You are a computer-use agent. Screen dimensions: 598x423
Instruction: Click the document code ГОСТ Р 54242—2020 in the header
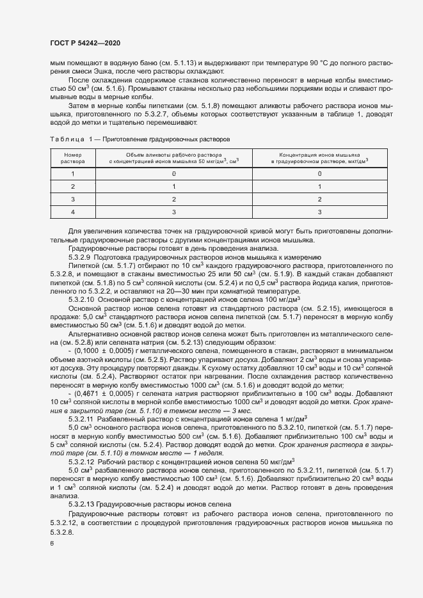pyautogui.click(x=84, y=42)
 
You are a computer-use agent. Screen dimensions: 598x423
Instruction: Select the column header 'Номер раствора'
pyautogui.click(x=72, y=158)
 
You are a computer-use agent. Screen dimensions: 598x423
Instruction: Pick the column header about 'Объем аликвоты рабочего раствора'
pyautogui.click(x=173, y=158)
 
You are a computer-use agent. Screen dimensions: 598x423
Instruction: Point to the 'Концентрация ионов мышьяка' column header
pyautogui.click(x=319, y=158)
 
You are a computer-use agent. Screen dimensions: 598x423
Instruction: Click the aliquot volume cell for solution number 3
pyautogui.click(x=173, y=199)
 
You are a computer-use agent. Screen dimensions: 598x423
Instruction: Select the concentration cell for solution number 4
pyautogui.click(x=319, y=212)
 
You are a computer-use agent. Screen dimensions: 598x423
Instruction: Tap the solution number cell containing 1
pyautogui.click(x=72, y=173)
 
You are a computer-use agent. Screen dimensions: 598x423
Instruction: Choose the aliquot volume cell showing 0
pyautogui.click(x=173, y=173)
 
